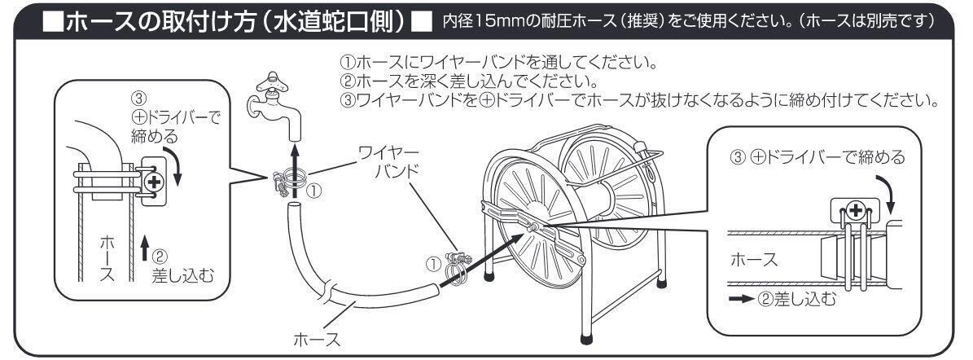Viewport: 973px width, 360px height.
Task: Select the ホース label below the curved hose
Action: click(314, 338)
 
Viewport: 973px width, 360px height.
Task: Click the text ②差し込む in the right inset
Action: click(794, 299)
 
